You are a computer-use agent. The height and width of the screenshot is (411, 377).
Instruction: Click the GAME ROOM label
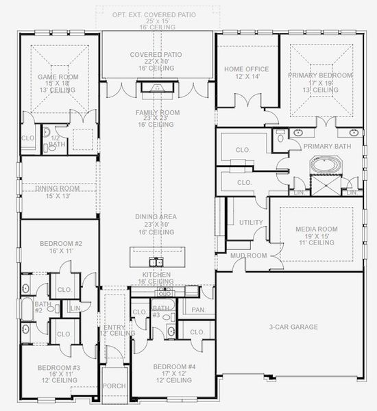click(58, 77)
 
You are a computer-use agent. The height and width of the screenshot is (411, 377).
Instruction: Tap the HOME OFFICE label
click(247, 69)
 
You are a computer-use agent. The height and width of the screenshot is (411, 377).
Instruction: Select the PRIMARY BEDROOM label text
click(320, 75)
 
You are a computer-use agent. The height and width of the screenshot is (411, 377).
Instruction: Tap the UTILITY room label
click(250, 222)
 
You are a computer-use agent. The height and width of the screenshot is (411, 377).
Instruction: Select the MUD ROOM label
click(247, 256)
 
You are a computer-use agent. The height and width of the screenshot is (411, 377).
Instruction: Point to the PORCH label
click(114, 386)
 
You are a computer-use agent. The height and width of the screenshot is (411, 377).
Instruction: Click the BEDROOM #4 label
click(174, 366)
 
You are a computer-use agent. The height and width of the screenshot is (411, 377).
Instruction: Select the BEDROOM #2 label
click(60, 244)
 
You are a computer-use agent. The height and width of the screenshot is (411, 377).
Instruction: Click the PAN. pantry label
click(199, 310)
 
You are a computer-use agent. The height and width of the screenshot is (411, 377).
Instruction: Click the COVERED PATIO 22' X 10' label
click(156, 55)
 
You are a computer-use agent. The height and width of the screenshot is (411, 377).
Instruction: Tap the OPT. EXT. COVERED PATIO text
click(156, 13)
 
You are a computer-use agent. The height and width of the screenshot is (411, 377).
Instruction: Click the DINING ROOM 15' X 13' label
click(59, 187)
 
